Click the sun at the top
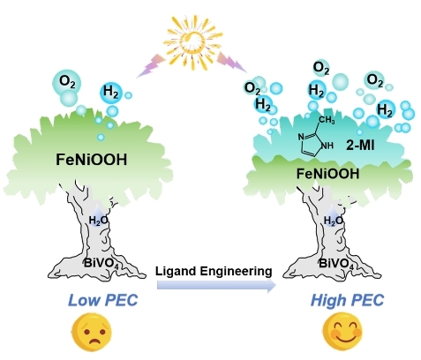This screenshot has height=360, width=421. pyautogui.click(x=192, y=43)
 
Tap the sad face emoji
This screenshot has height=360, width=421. pyautogui.click(x=92, y=333)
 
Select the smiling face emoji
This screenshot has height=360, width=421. pyautogui.click(x=342, y=331)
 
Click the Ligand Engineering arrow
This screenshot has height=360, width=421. pyautogui.click(x=216, y=286)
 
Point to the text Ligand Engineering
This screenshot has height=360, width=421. pyautogui.click(x=214, y=271)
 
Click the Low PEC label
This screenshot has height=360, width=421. pyautogui.click(x=103, y=300)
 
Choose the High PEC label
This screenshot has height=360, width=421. pyautogui.click(x=347, y=300)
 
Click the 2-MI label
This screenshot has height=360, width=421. pyautogui.click(x=360, y=145)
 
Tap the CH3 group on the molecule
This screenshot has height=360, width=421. pyautogui.click(x=327, y=120)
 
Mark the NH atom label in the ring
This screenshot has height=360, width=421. pyautogui.click(x=327, y=146)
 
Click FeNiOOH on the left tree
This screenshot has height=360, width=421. pyautogui.click(x=92, y=160)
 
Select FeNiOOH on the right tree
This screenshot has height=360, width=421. pyautogui.click(x=327, y=174)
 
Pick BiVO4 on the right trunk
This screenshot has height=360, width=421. pyautogui.click(x=336, y=263)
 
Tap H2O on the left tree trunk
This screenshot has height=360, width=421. pyautogui.click(x=98, y=221)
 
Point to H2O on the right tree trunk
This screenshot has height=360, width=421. pyautogui.click(x=334, y=221)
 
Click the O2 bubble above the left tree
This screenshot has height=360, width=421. pyautogui.click(x=67, y=82)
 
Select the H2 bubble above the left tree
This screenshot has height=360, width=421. pyautogui.click(x=111, y=93)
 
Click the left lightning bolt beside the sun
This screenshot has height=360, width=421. pyautogui.click(x=151, y=66)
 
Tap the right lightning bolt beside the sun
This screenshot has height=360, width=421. pyautogui.click(x=232, y=62)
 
